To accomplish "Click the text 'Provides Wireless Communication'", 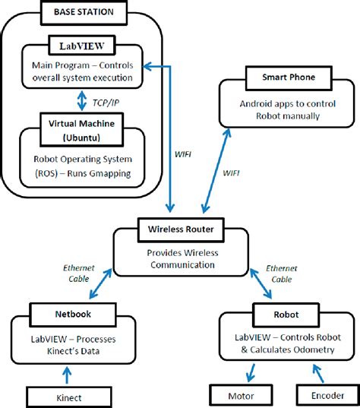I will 181,259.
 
